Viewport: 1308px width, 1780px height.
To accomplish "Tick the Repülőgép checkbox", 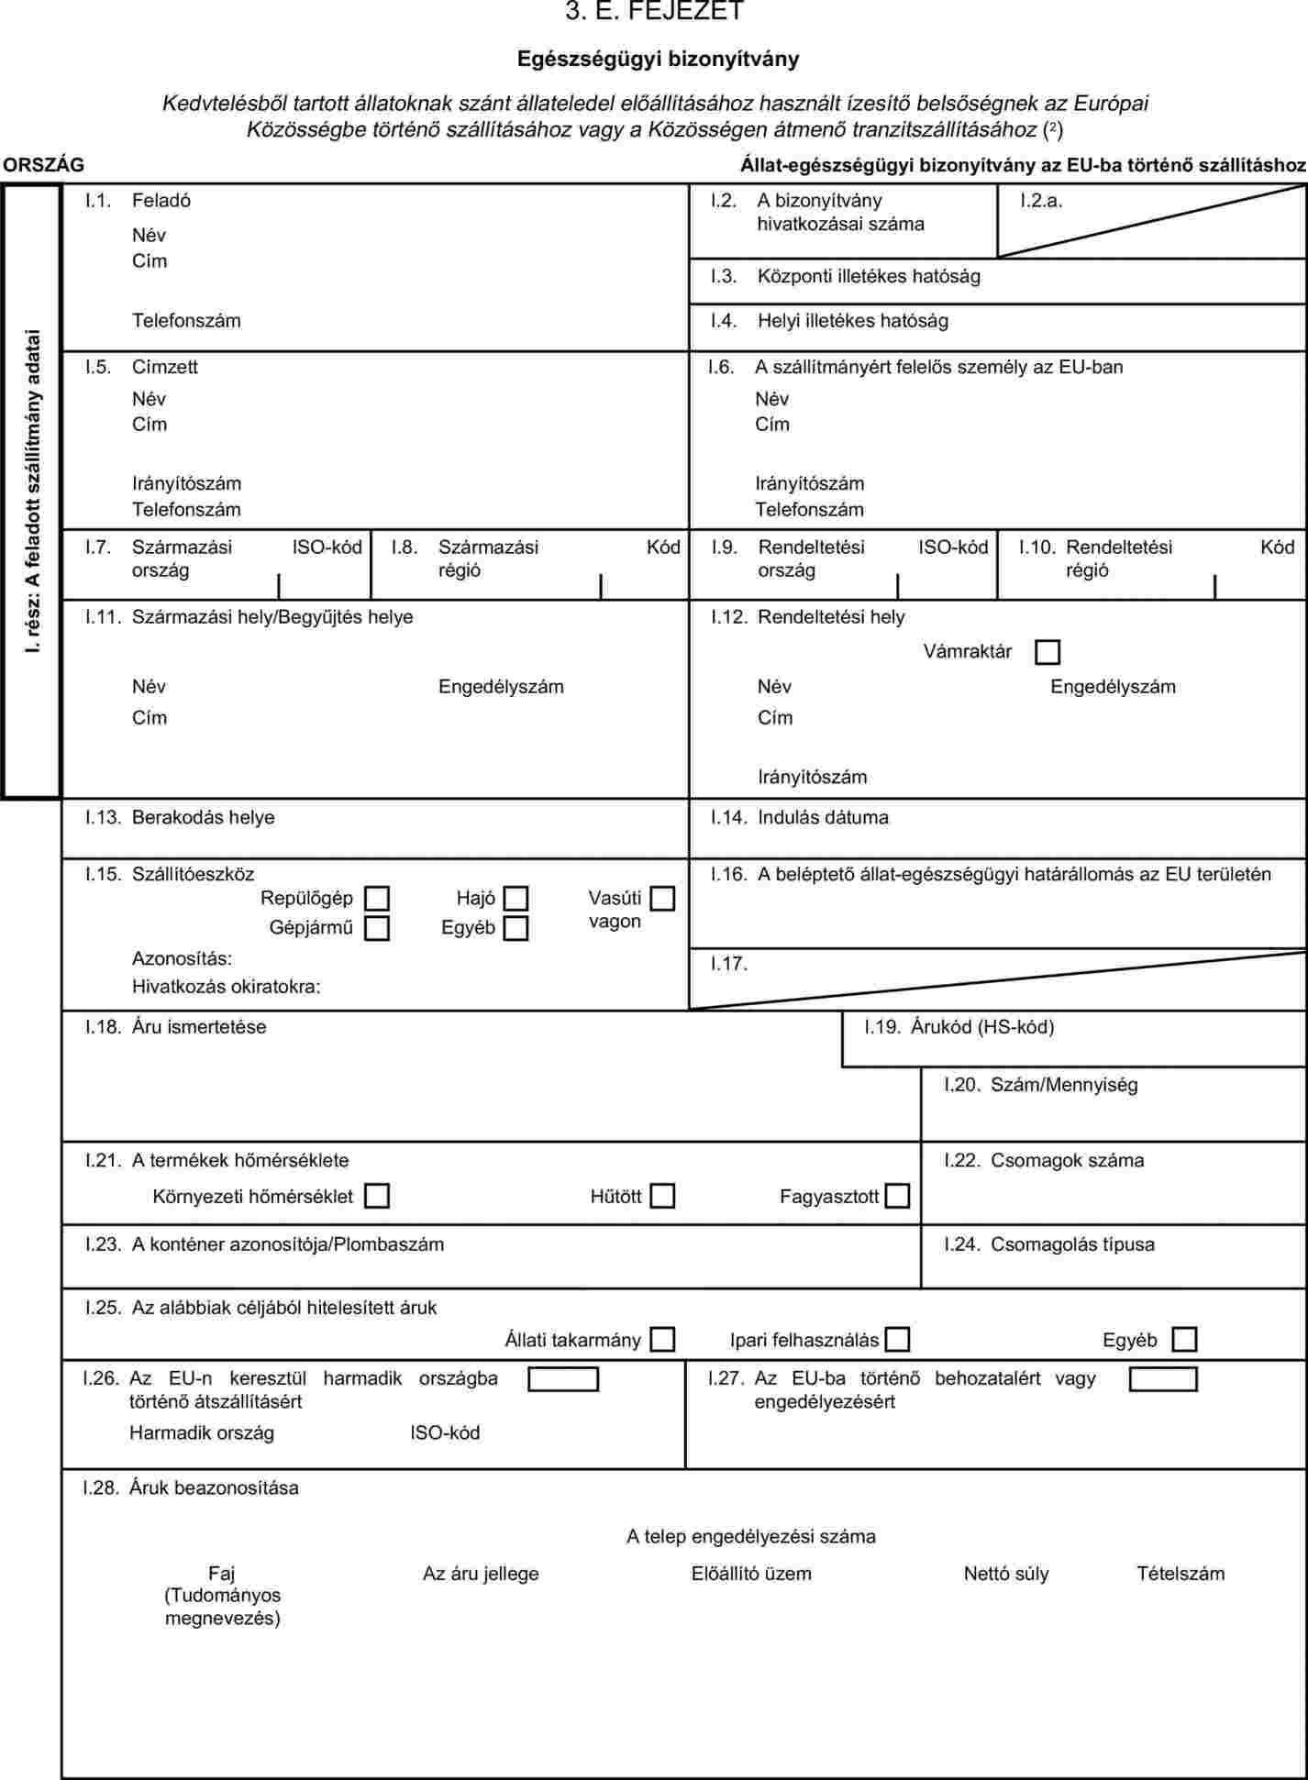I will click(x=376, y=898).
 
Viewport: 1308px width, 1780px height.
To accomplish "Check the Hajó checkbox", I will click(x=516, y=898).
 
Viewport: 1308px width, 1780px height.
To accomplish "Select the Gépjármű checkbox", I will click(x=376, y=928).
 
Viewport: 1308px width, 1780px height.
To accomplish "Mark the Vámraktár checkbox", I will click(x=1047, y=652).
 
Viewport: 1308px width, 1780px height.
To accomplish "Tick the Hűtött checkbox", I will click(x=662, y=1196).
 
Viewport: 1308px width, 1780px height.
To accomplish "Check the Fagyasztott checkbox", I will click(x=897, y=1196).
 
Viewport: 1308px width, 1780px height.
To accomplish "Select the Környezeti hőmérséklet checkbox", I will click(x=376, y=1196).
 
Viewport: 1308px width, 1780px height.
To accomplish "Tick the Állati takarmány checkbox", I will click(x=662, y=1340).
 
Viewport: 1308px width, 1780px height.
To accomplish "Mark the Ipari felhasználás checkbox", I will click(x=897, y=1340).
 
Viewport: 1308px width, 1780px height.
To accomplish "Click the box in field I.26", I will click(x=563, y=1379).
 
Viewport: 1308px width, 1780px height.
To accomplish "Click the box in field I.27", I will click(x=1163, y=1379).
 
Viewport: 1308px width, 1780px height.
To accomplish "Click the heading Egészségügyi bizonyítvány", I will click(x=658, y=59).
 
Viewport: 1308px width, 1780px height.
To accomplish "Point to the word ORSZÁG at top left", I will click(x=43, y=165).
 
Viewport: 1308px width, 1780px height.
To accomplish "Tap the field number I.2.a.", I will click(x=1041, y=201).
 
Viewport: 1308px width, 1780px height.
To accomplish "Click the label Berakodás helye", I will click(x=203, y=817).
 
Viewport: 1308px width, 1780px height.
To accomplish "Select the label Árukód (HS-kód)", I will click(x=981, y=1027).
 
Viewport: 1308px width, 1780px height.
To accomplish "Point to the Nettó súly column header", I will click(x=1006, y=1574).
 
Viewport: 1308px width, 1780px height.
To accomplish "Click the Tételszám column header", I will click(x=1181, y=1574).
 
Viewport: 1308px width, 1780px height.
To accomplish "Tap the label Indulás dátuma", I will click(x=823, y=817).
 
